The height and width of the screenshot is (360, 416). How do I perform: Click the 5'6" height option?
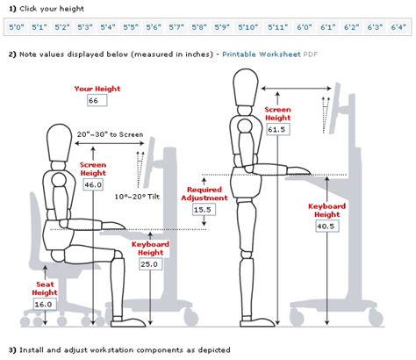click(154, 27)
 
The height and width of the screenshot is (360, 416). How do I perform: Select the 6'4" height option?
click(398, 27)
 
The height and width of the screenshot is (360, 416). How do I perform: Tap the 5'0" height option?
click(17, 27)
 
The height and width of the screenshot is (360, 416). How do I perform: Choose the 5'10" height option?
click(248, 27)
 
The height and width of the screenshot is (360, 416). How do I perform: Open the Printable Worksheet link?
click(262, 54)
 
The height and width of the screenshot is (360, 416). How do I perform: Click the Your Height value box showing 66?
click(97, 100)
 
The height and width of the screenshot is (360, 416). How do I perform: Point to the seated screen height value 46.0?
click(93, 184)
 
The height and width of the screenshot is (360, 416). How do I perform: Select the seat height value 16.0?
click(44, 305)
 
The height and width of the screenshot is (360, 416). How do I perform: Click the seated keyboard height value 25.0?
click(149, 264)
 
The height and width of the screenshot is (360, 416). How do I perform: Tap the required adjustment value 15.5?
click(203, 210)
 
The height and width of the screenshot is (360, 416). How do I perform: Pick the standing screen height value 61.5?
click(276, 129)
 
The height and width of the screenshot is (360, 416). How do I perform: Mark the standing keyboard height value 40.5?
click(326, 227)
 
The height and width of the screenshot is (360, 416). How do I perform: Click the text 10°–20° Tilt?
click(137, 197)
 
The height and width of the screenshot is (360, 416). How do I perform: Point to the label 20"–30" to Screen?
click(110, 134)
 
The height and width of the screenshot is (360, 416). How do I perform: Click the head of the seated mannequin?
click(60, 142)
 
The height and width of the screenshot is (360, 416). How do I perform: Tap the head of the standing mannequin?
click(246, 87)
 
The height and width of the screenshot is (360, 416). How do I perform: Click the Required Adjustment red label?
click(204, 194)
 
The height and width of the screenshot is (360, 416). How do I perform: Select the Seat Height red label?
click(45, 288)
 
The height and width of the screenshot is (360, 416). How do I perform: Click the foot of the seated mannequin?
click(128, 322)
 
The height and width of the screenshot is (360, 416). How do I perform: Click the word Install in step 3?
click(32, 349)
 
